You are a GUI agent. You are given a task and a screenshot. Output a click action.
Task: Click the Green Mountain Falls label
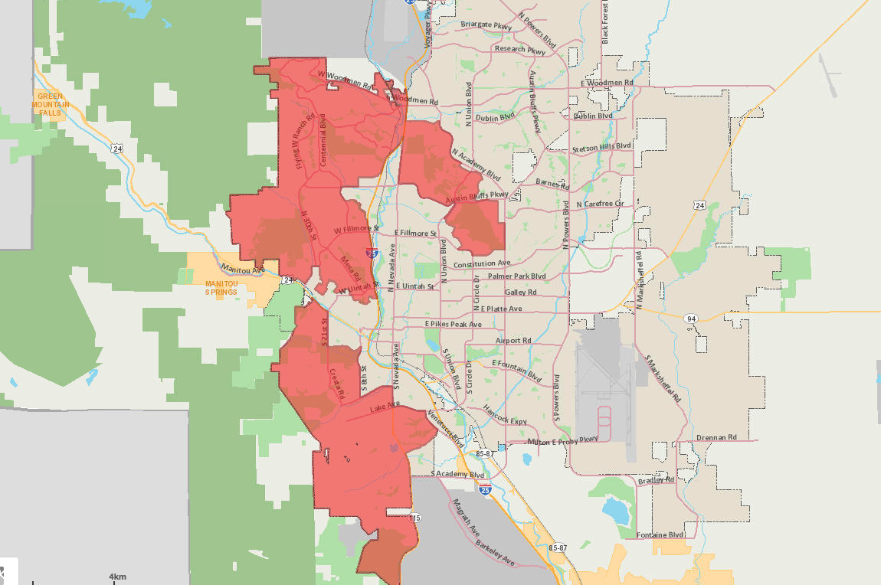51,103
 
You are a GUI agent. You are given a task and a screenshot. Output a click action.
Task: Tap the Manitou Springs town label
221,287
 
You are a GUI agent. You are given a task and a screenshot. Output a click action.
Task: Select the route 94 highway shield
691,318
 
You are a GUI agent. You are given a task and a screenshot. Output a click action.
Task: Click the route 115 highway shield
414,518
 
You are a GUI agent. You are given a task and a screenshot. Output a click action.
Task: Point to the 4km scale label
117,576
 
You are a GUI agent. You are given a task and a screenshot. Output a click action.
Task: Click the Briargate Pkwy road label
486,25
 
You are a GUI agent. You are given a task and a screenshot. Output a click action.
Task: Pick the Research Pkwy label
520,49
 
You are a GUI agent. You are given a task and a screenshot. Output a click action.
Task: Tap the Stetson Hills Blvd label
601,146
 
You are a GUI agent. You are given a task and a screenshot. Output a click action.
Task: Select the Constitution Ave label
481,264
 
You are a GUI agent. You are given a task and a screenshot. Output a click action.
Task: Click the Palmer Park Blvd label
517,276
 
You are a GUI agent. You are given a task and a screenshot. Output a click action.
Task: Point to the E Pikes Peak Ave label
454,324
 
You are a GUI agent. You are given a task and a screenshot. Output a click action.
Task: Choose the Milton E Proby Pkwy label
562,440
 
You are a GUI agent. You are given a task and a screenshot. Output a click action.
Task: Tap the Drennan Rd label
716,437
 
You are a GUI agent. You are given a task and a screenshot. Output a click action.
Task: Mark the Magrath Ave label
465,517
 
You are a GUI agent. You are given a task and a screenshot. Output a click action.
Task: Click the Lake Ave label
385,407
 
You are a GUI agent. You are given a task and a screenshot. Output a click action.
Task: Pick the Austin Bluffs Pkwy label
478,197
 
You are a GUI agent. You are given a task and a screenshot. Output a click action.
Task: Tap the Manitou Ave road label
243,269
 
